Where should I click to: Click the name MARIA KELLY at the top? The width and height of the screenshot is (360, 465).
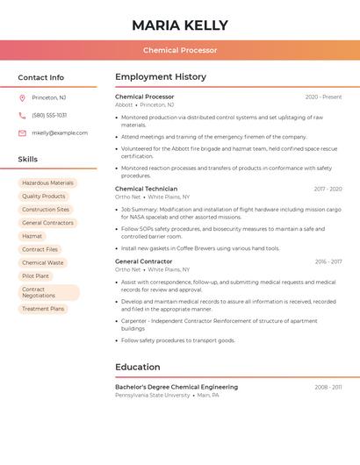coord(180,25)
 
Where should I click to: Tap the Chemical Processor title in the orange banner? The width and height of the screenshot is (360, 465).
coord(180,50)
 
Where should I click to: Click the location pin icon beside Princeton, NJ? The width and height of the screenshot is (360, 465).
coord(22,97)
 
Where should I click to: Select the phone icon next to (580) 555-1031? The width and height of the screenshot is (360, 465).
coord(22,115)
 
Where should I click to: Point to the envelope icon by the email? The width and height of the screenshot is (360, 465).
coord(22,133)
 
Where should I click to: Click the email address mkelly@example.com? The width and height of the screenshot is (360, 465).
coord(60,133)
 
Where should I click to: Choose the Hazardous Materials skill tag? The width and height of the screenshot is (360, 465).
coord(48,183)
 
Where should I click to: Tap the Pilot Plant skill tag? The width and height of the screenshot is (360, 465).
coord(35,275)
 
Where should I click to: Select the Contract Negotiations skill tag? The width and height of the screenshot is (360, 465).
coord(49,292)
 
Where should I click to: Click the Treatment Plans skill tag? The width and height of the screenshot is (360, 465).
coord(43,309)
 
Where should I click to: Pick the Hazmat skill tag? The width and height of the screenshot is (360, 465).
coord(32,236)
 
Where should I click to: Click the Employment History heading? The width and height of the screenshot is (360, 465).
coord(161,77)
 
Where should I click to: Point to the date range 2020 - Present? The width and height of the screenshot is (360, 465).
coord(323,97)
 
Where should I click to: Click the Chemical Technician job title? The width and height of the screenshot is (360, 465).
coord(146,189)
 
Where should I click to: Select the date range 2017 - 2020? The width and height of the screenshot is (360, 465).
coord(328,189)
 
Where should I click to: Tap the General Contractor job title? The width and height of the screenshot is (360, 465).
coord(144,261)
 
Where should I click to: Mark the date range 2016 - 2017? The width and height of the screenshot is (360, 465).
coord(328,261)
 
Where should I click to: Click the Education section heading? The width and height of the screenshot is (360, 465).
coord(138,367)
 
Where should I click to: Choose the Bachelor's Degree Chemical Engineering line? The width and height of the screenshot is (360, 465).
coord(176,387)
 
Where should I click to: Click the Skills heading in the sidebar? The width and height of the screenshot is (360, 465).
coord(28,160)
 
